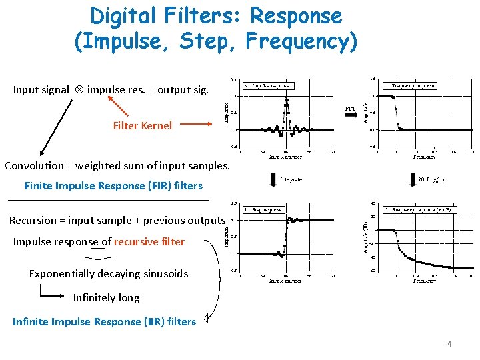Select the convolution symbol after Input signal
point(79,90)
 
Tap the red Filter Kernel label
point(142,125)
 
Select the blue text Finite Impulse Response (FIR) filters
point(113,185)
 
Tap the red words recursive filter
point(149,241)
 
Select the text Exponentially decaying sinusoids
point(109,273)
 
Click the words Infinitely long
point(107,297)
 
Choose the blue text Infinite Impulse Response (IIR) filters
point(105,322)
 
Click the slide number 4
point(449,344)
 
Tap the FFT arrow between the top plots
point(351,112)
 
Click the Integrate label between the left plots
point(291,179)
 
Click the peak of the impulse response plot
point(287,99)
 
